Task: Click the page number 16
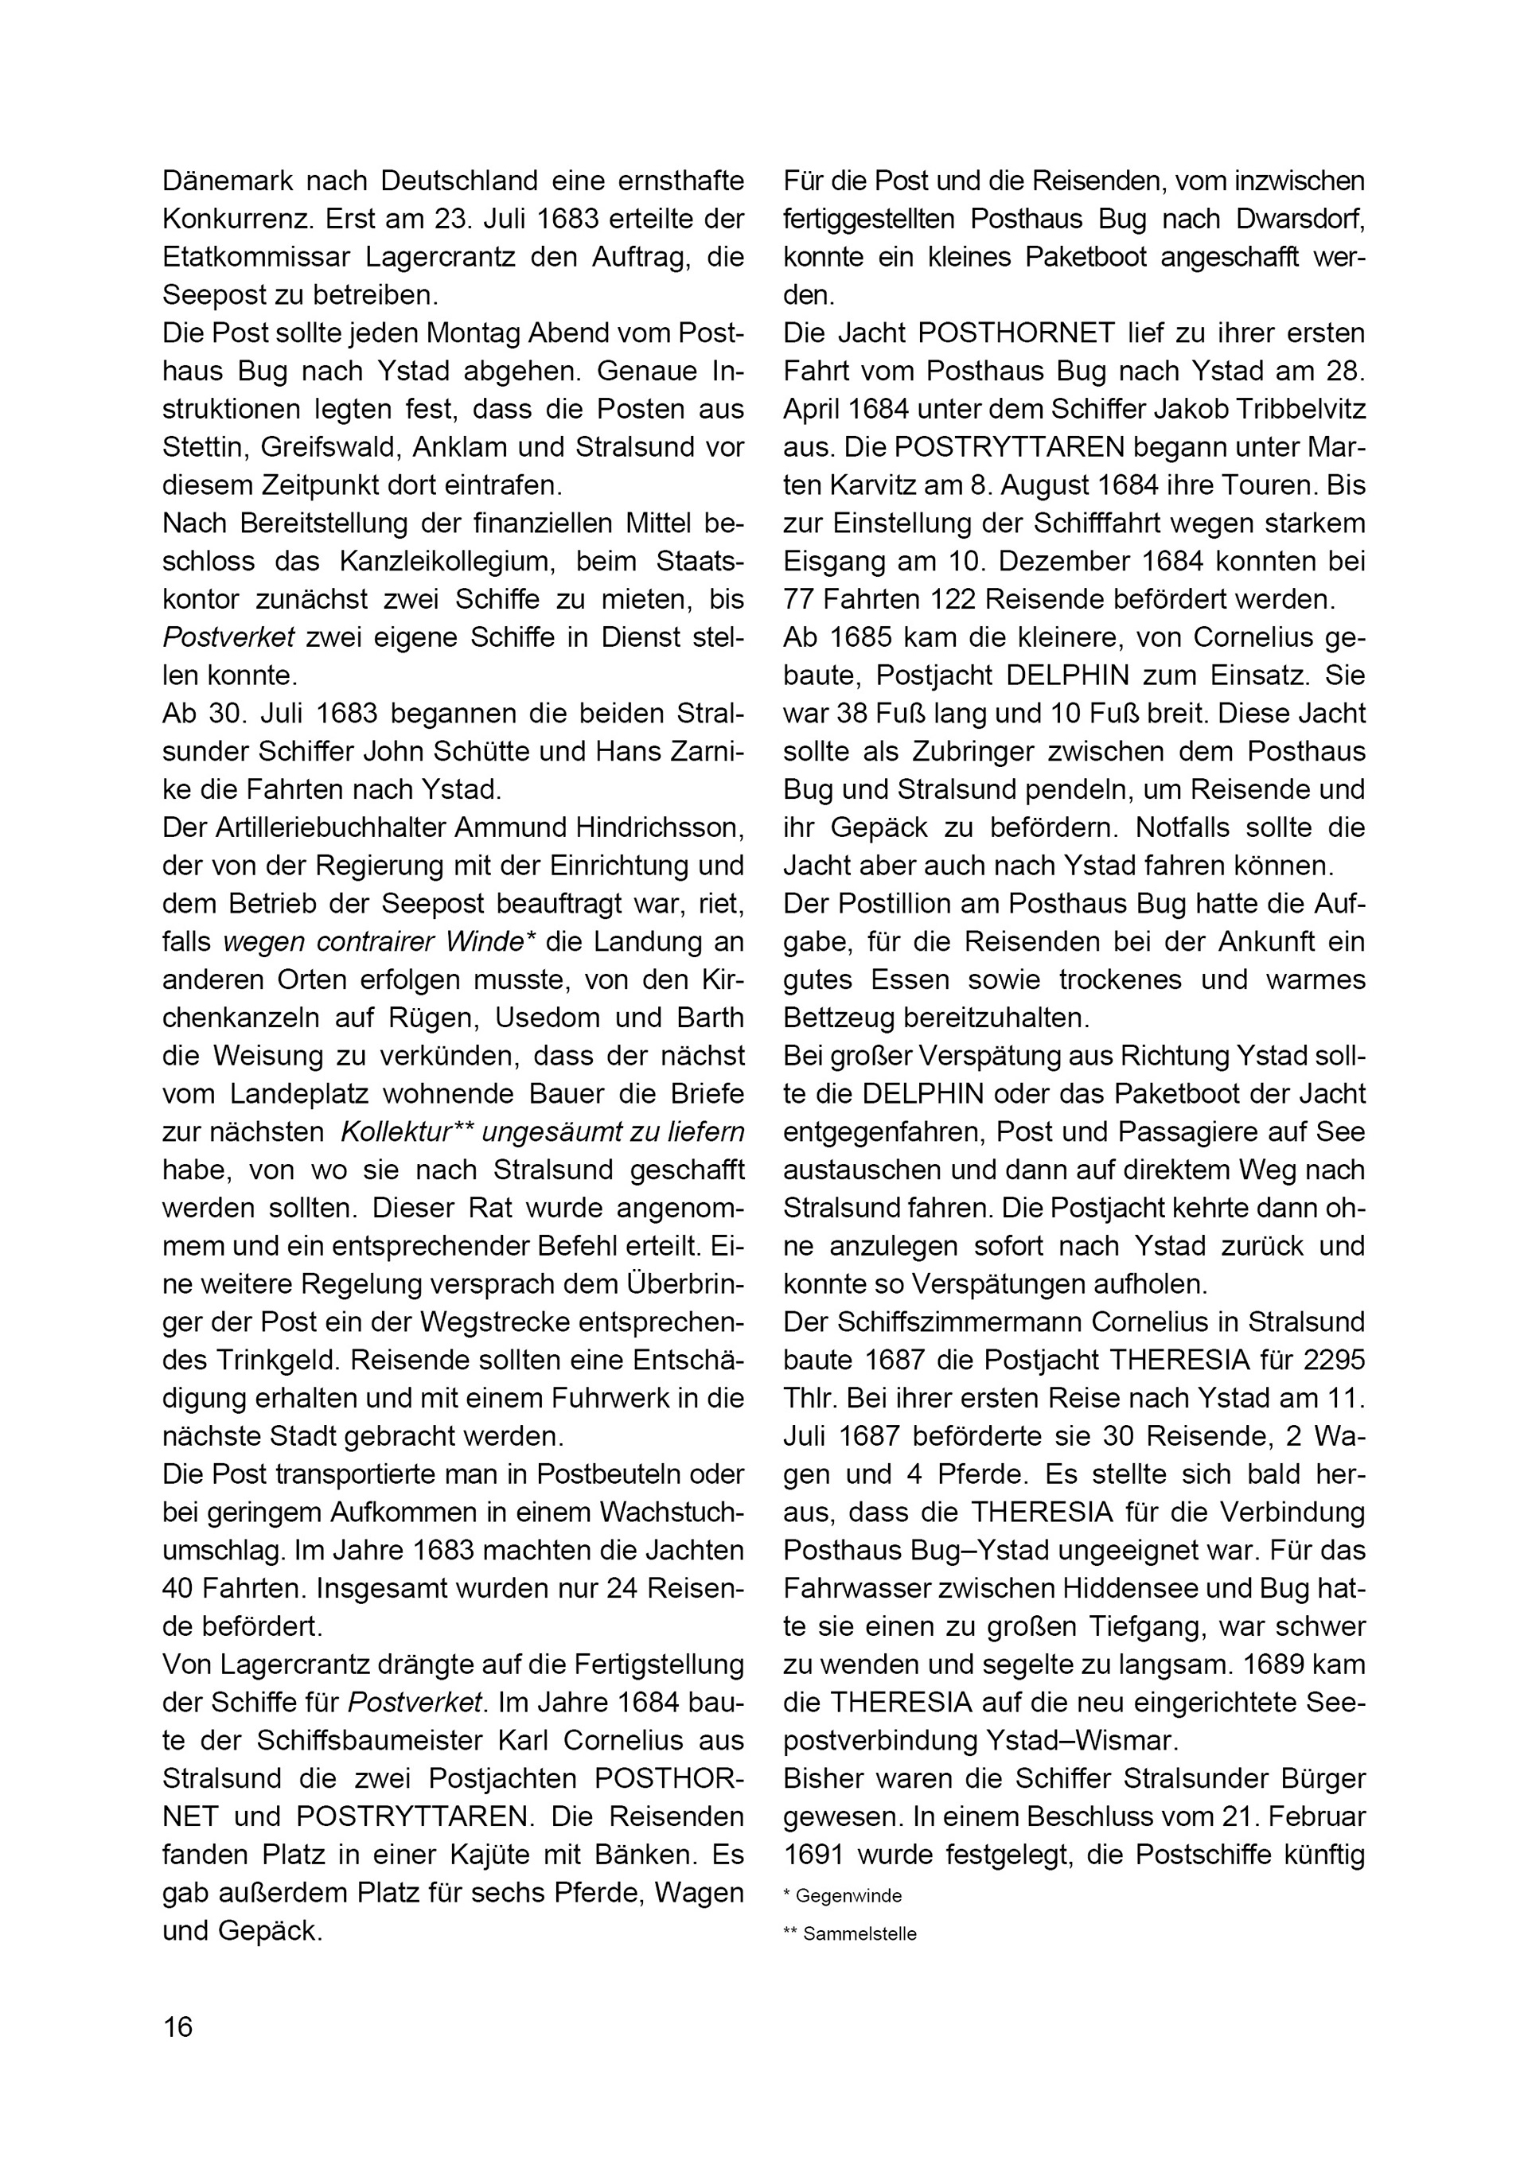pyautogui.click(x=177, y=2027)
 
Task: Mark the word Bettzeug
pyautogui.click(x=837, y=1018)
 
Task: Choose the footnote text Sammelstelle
pyautogui.click(x=859, y=1934)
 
